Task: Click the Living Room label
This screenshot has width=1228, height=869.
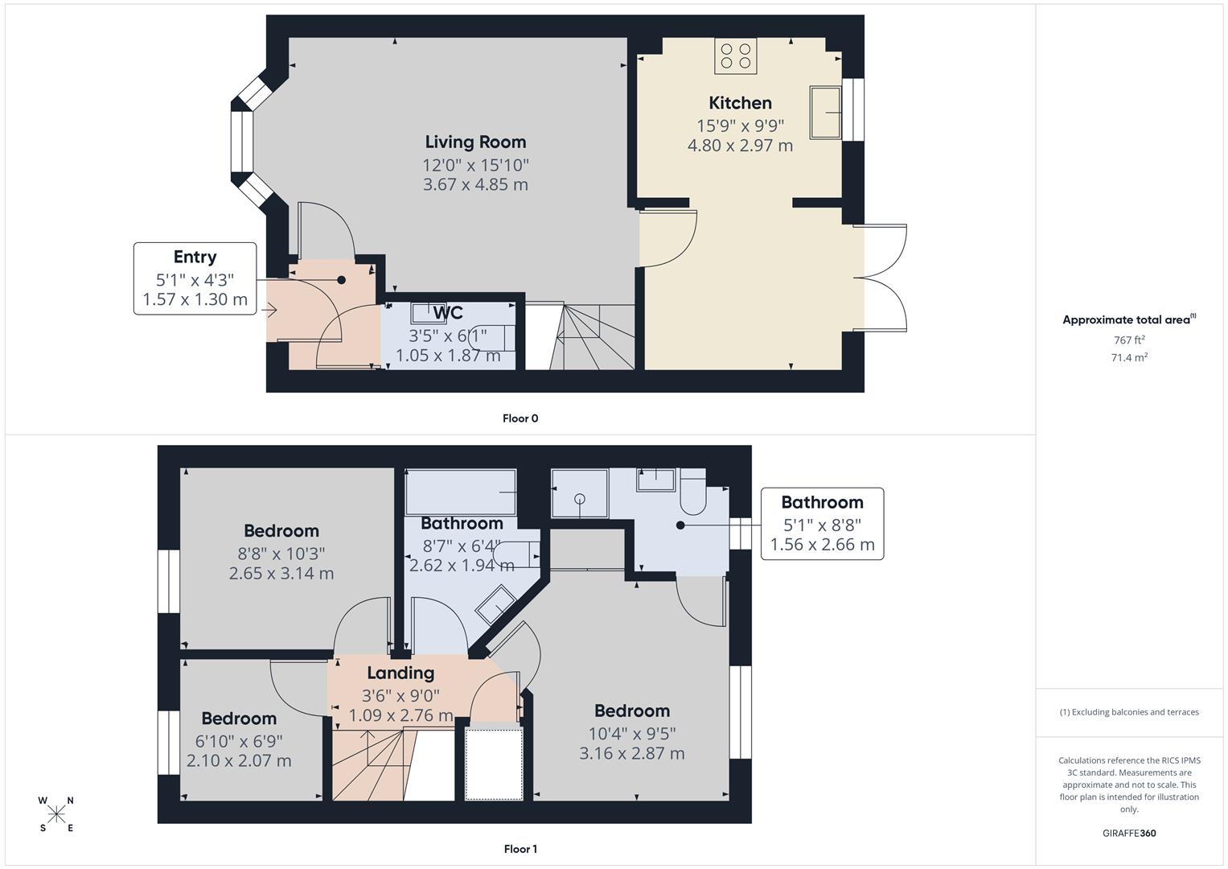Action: pos(475,142)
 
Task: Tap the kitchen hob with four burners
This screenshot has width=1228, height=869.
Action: pos(735,56)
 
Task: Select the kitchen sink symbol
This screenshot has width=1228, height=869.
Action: pos(825,113)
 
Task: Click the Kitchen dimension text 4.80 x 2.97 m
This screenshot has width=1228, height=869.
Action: pos(740,146)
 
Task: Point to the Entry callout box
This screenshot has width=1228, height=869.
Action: pos(195,278)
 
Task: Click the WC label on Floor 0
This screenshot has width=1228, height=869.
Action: pos(447,313)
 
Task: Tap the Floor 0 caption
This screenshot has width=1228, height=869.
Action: pos(520,418)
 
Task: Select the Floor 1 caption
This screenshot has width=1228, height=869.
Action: pos(520,849)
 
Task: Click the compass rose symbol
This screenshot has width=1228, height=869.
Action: pos(56,814)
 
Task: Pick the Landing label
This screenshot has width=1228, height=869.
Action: pos(400,673)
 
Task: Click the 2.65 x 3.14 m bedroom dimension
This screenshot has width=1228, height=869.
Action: pos(281,574)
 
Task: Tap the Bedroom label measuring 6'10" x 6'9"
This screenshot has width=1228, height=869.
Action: pos(239,719)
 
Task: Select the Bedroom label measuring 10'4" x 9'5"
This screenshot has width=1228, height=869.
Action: pos(631,711)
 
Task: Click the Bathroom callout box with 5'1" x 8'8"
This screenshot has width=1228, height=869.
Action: pos(822,524)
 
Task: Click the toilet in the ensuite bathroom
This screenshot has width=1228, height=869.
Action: pos(692,495)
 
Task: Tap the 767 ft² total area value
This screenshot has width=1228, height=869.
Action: pos(1129,340)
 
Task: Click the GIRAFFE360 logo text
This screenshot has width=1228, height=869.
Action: pos(1129,834)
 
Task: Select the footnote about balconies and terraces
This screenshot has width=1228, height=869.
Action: pos(1129,712)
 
